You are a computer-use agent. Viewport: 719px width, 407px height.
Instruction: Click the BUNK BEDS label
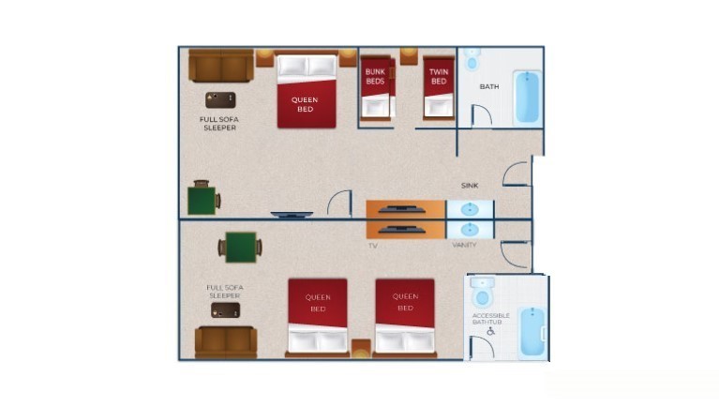pyautogui.click(x=375, y=76)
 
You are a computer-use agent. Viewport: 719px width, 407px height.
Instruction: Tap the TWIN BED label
pyautogui.click(x=438, y=76)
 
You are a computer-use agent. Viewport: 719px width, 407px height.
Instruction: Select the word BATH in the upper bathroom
pyautogui.click(x=489, y=87)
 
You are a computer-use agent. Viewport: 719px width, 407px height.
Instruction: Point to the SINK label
pyautogui.click(x=470, y=186)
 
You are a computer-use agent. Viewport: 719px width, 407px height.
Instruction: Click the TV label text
pyautogui.click(x=372, y=246)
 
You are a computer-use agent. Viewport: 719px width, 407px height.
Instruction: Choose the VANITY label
pyautogui.click(x=464, y=246)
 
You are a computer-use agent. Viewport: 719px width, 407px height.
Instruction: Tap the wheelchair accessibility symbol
pyautogui.click(x=490, y=330)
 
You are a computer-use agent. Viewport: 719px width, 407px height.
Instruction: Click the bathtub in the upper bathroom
pyautogui.click(x=527, y=98)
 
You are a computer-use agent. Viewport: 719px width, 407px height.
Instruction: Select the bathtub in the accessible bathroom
pyautogui.click(x=531, y=332)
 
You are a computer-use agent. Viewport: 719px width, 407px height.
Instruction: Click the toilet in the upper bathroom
pyautogui.click(x=471, y=60)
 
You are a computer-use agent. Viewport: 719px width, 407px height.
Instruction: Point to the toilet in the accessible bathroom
pyautogui.click(x=481, y=292)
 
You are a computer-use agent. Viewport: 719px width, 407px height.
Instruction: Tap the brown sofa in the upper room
pyautogui.click(x=220, y=66)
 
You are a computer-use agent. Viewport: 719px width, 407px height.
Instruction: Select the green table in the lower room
pyautogui.click(x=240, y=248)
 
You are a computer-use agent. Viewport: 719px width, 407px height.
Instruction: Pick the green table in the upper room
pyautogui.click(x=202, y=199)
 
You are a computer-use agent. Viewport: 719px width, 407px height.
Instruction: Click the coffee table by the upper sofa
pyautogui.click(x=220, y=99)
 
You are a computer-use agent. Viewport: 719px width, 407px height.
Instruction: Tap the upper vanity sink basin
pyautogui.click(x=470, y=209)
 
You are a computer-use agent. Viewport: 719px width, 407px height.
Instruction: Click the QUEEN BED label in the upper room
pyautogui.click(x=305, y=104)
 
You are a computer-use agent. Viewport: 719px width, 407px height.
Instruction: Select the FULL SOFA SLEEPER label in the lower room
pyautogui.click(x=225, y=292)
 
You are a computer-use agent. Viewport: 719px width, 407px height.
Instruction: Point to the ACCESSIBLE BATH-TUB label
pyautogui.click(x=490, y=318)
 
